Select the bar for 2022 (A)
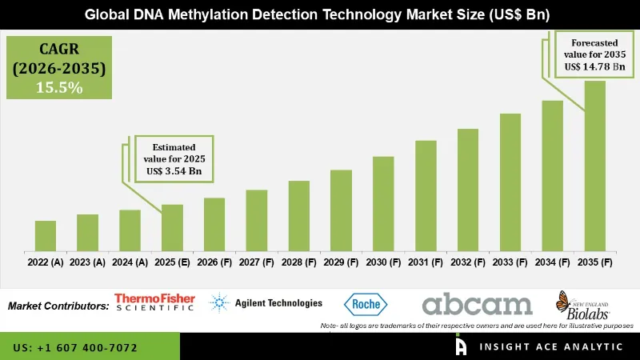point(46,236)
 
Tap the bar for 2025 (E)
point(172,228)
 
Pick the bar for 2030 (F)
point(383,203)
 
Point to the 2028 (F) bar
point(298,216)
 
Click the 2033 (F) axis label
point(510,262)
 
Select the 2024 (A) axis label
point(130,262)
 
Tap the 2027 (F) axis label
point(257,262)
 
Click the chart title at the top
point(320,14)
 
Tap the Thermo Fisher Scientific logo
point(154,302)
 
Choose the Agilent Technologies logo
point(266,303)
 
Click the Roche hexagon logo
point(366,304)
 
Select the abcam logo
point(477,304)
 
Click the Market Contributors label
point(58,306)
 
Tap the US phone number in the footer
point(76,348)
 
